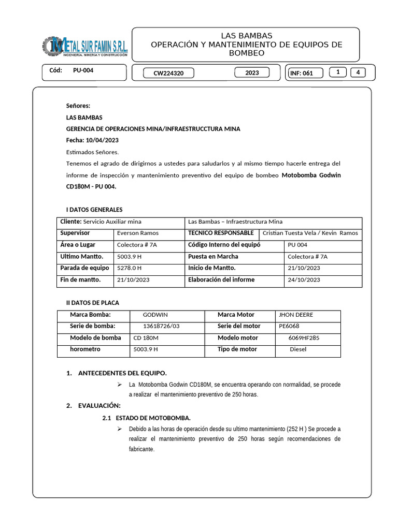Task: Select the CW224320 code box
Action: (168, 73)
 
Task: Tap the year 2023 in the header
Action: (252, 73)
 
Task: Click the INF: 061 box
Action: (305, 73)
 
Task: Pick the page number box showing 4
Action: (358, 72)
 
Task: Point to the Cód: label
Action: (55, 70)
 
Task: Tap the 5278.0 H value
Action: (130, 268)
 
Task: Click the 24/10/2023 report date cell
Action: (304, 280)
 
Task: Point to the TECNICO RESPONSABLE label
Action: (221, 233)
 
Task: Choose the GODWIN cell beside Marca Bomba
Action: (155, 315)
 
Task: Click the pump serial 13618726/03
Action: (161, 326)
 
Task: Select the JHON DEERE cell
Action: (296, 315)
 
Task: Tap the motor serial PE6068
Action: (289, 326)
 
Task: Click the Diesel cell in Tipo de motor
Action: (298, 349)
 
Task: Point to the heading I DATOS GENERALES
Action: (94, 210)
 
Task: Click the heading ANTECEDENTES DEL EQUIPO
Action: (122, 373)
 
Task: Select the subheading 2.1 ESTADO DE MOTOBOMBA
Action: (147, 418)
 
